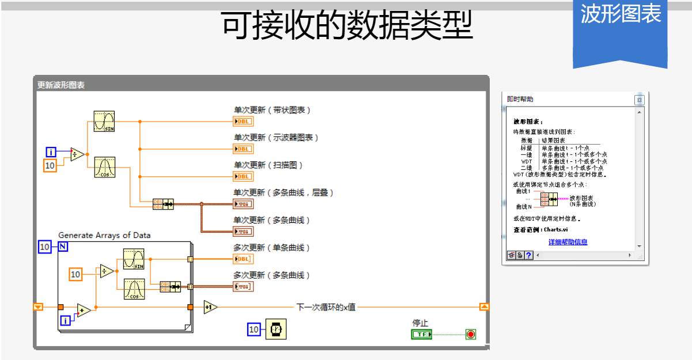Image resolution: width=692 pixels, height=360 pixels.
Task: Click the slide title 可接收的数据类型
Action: (347, 25)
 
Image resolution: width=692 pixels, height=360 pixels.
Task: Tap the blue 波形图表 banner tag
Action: (620, 14)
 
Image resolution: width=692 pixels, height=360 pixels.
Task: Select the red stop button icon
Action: (471, 334)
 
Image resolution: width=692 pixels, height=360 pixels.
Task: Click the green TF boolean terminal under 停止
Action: (422, 334)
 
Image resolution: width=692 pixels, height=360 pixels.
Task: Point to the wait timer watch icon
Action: (276, 329)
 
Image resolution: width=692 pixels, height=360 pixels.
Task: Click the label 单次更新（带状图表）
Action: (272, 110)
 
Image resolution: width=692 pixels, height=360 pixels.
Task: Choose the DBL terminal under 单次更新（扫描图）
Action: (243, 176)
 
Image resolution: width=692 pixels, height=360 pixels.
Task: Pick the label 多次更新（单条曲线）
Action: (272, 248)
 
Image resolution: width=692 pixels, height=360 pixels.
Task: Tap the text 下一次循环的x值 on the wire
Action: (326, 307)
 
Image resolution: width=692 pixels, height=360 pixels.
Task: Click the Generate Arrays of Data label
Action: (104, 235)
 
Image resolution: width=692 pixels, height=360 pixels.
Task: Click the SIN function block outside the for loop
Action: (104, 122)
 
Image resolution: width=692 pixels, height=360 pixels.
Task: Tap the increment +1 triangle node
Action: (210, 308)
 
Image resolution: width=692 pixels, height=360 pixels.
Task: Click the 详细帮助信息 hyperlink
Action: (568, 242)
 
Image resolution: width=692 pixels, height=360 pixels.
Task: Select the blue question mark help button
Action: (528, 255)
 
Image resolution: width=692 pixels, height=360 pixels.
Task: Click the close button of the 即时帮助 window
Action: (638, 100)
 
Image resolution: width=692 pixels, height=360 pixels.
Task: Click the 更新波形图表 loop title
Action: (61, 85)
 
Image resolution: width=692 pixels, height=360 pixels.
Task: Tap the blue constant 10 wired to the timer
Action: (254, 329)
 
